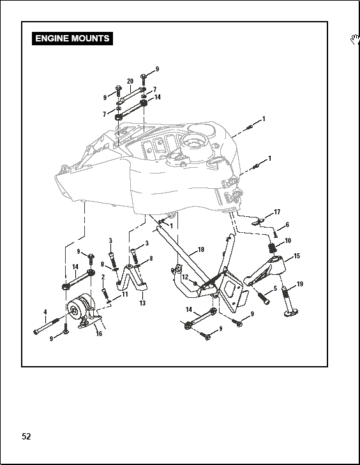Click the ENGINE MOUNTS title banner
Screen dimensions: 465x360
point(72,38)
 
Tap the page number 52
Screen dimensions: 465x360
point(26,437)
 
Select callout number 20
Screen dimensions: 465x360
point(130,81)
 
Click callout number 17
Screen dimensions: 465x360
point(277,212)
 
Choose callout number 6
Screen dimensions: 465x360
point(287,225)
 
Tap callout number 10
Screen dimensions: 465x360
point(288,240)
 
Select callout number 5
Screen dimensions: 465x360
point(275,288)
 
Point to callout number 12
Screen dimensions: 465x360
point(184,277)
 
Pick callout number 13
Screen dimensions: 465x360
point(142,303)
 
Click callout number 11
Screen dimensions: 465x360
point(125,294)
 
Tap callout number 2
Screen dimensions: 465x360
point(103,278)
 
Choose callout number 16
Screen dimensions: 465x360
point(98,333)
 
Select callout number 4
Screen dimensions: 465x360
point(45,311)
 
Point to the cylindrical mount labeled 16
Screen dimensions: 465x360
point(80,309)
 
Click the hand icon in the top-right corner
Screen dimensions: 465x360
point(354,40)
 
